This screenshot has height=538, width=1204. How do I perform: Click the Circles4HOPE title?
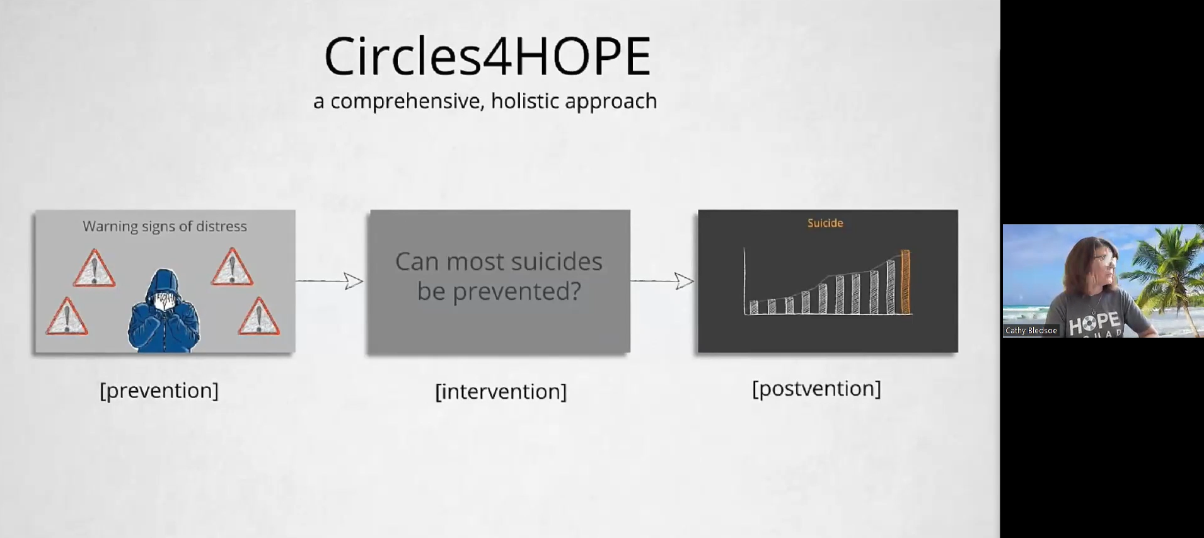[487, 56]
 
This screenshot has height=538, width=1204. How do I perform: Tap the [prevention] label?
[159, 391]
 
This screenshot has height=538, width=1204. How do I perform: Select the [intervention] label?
[501, 391]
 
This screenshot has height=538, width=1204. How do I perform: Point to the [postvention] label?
[816, 389]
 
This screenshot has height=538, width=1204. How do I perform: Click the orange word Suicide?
[825, 223]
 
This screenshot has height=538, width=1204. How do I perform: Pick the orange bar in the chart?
[905, 282]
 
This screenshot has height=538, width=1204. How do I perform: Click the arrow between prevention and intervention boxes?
[330, 281]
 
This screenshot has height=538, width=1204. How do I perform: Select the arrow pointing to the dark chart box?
[663, 281]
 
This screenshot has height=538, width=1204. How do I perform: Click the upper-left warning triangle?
[94, 268]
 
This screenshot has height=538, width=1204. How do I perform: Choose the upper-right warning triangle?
[232, 266]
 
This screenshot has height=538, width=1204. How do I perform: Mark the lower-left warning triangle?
[67, 317]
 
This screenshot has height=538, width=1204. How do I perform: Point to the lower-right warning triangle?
[259, 316]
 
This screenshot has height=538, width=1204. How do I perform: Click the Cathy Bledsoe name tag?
[1031, 331]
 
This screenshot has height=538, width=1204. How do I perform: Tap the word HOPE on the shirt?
[1094, 323]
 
